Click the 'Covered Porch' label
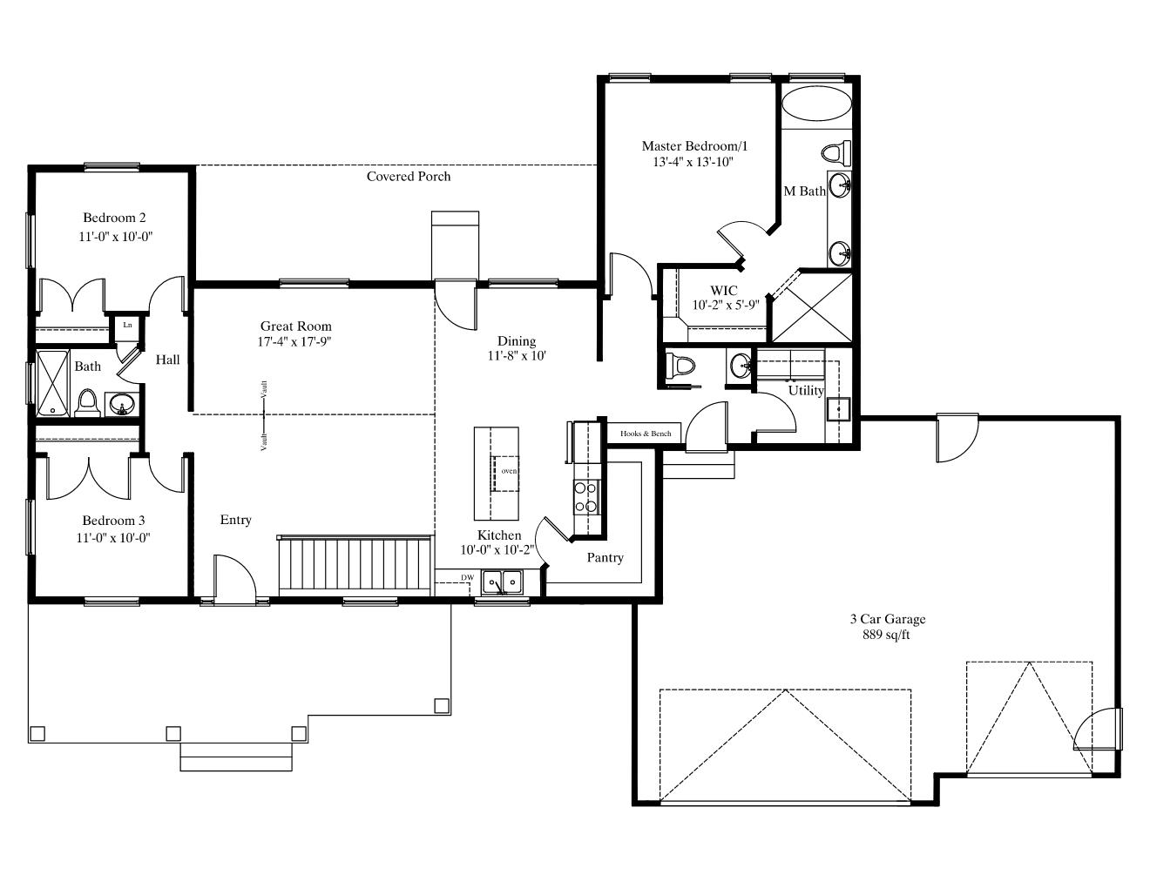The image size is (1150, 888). (x=408, y=177)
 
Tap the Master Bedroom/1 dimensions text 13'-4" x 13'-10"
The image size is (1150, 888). (x=693, y=162)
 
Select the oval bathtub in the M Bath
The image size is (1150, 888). (x=816, y=104)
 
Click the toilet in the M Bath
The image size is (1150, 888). (x=836, y=153)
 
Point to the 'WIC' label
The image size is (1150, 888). (x=723, y=291)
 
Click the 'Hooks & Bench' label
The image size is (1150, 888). (x=645, y=434)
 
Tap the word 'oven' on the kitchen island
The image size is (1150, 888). (x=509, y=471)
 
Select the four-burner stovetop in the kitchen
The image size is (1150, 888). (x=586, y=497)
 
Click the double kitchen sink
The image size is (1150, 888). (x=502, y=582)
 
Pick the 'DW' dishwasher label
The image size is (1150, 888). (x=467, y=577)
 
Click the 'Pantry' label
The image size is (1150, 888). (x=605, y=557)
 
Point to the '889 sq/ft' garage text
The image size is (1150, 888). (x=886, y=635)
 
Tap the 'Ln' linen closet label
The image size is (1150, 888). (x=127, y=325)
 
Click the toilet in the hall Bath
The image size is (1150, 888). (x=87, y=404)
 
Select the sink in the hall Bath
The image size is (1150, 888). (x=122, y=405)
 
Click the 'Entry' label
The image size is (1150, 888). (x=235, y=520)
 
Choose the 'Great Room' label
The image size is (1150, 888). (x=296, y=326)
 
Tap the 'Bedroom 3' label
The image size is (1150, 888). (x=113, y=521)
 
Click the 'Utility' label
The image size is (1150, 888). (x=806, y=391)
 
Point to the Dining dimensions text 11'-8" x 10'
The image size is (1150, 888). (x=517, y=356)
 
